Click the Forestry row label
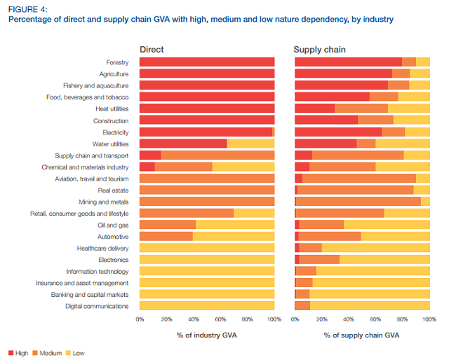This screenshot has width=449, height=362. [x=117, y=63]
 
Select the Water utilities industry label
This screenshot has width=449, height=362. [x=110, y=144]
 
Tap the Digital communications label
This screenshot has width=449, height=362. [x=97, y=306]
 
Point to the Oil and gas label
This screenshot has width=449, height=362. [x=113, y=225]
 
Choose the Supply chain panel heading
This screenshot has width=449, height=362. [x=319, y=50]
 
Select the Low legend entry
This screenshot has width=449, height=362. [x=78, y=353]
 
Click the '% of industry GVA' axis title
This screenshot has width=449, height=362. [x=206, y=335]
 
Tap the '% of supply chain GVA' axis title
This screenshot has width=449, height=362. [x=362, y=335]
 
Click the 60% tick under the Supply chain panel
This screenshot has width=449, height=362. [x=376, y=319]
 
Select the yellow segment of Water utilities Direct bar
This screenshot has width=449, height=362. [x=250, y=144]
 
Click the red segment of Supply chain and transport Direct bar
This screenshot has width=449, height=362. [x=150, y=155]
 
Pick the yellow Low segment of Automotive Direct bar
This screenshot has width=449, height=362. [x=233, y=236]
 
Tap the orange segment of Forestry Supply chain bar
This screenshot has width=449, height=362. [x=409, y=62]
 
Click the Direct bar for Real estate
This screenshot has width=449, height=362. [x=207, y=190]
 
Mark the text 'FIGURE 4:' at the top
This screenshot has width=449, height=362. [x=27, y=8]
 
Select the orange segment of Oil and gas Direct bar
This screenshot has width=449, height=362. [x=168, y=225]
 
